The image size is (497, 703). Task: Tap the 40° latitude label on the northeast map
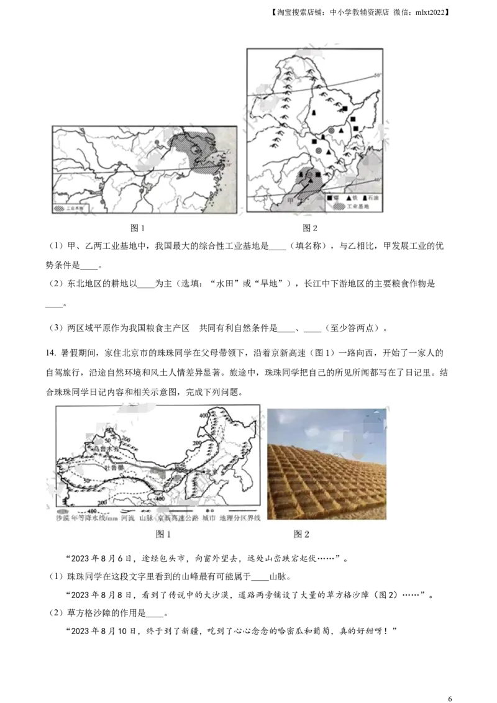click(376, 180)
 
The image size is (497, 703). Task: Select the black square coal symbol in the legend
click(329, 197)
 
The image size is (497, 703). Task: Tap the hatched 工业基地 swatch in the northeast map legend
click(335, 206)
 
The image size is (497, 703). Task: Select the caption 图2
click(301, 533)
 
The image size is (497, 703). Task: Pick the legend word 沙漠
click(63, 517)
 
